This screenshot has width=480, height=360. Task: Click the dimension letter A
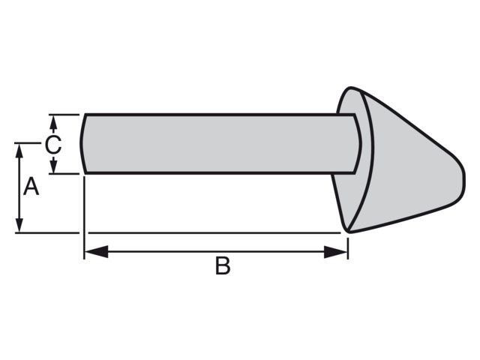pyautogui.click(x=31, y=186)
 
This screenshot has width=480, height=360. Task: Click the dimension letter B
pyautogui.click(x=223, y=265)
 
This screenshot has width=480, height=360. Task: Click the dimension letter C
pyautogui.click(x=53, y=145)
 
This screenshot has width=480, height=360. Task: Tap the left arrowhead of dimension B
pyautogui.click(x=96, y=252)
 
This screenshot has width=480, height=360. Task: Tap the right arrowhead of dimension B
pyautogui.click(x=336, y=252)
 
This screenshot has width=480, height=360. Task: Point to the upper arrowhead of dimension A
pyautogui.click(x=19, y=151)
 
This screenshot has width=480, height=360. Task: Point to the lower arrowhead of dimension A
pyautogui.click(x=19, y=225)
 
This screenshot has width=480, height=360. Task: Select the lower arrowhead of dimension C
pyautogui.click(x=53, y=166)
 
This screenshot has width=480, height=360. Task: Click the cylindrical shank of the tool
pyautogui.click(x=219, y=144)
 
